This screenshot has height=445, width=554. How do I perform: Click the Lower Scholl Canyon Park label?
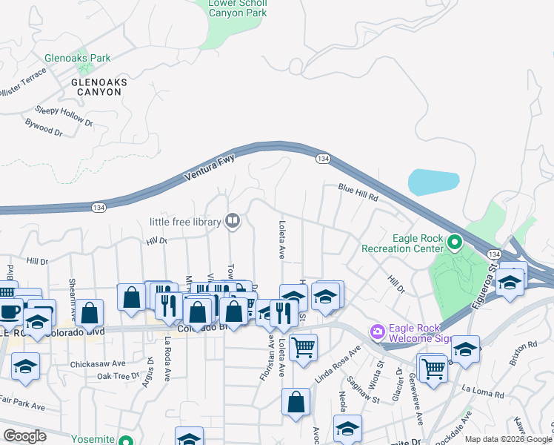click(238, 7)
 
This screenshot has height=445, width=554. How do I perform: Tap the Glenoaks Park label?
click(77, 58)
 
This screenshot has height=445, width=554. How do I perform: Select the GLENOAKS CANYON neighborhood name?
click(96, 87)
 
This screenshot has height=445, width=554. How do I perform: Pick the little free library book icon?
click(233, 220)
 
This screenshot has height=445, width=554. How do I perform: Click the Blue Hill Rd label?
click(358, 194)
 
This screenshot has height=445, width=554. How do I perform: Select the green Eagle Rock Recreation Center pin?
click(455, 242)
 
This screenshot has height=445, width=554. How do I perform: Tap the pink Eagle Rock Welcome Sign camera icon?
click(378, 331)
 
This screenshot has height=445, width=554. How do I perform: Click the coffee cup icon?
click(10, 310)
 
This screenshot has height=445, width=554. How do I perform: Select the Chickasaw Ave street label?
click(99, 365)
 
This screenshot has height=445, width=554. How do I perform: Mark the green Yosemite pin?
click(125, 440)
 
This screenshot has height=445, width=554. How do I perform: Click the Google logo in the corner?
click(24, 436)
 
